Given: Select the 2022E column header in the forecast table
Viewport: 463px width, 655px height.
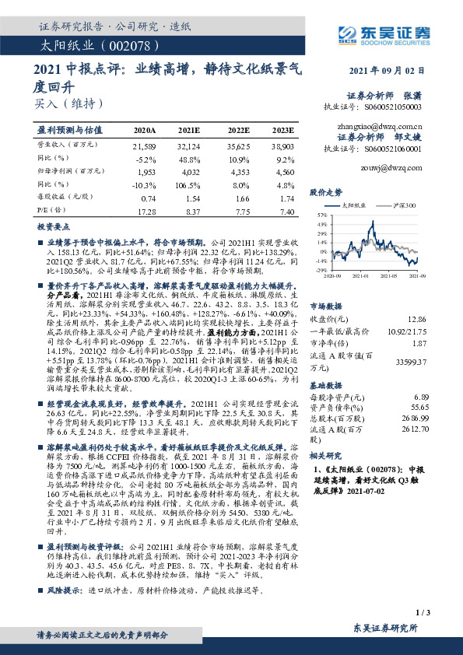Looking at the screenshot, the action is [239, 131].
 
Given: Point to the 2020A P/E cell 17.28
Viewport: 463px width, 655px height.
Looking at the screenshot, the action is [146, 211].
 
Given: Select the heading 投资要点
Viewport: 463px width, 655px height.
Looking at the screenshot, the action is [54, 226].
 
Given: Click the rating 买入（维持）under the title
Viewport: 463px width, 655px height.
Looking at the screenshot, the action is [69, 103].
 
